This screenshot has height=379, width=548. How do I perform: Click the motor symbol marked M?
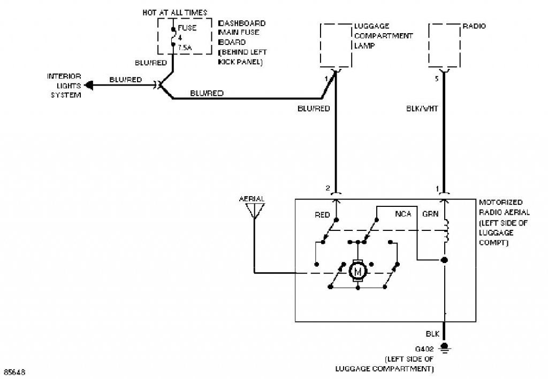point(357,271)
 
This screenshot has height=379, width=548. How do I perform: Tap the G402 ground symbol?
point(444,347)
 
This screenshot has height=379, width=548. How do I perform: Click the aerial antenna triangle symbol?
point(255,211)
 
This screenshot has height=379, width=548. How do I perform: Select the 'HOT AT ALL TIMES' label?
point(175,13)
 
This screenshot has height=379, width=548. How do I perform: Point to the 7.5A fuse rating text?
point(185,48)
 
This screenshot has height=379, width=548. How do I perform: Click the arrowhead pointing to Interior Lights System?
point(89,85)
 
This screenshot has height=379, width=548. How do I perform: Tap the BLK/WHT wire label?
point(422,109)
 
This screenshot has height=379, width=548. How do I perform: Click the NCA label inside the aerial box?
point(403,214)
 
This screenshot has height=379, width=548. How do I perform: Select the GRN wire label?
point(430,214)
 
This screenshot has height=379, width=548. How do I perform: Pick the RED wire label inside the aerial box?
point(322,215)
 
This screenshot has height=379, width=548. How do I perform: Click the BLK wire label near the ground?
point(432,334)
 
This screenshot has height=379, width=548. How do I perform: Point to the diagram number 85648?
point(14,372)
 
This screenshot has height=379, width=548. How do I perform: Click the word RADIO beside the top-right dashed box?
point(474,26)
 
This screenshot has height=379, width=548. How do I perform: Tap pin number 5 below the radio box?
point(437,79)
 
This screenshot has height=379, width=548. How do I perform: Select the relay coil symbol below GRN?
point(446,231)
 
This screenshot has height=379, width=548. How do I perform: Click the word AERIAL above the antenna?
point(252,199)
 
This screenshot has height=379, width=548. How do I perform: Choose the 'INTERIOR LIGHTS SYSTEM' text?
point(64,86)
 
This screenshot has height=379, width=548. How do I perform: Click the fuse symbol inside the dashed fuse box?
point(173,36)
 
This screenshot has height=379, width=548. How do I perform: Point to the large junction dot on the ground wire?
point(444,260)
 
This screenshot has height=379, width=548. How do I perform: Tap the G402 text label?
point(424,349)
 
